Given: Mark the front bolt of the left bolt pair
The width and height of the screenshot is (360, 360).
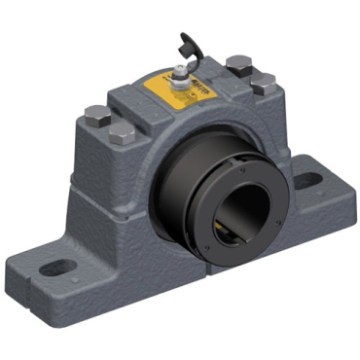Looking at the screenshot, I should [x=122, y=132].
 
